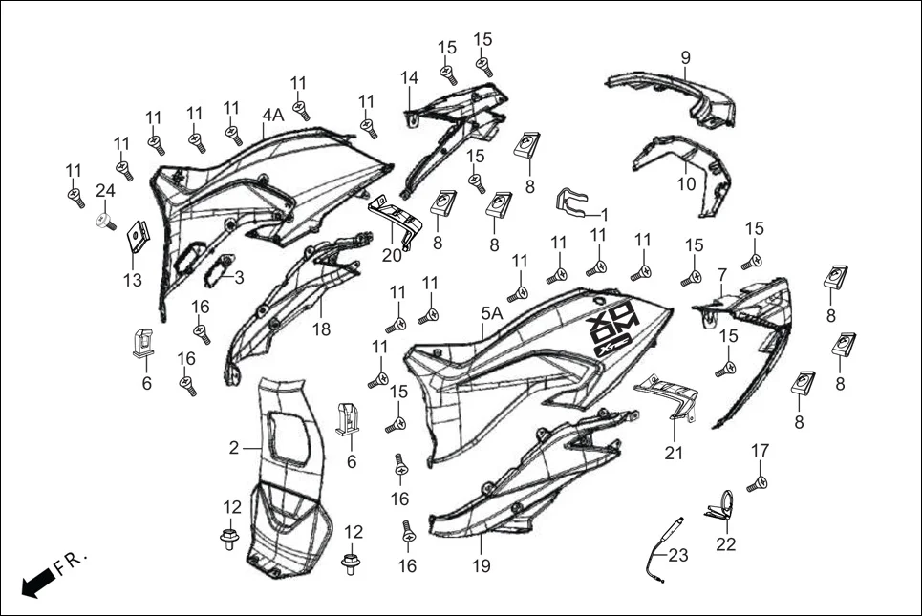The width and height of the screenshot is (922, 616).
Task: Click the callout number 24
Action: click(x=105, y=190)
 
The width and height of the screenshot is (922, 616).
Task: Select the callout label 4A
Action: click(x=273, y=116)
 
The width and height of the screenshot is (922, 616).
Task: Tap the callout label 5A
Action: click(x=491, y=313)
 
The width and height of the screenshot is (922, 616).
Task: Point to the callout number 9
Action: click(x=685, y=57)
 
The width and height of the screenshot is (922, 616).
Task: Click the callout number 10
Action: click(x=686, y=184)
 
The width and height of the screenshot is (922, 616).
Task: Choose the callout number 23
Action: click(x=677, y=554)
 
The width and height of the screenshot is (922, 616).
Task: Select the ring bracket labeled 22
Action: click(x=724, y=505)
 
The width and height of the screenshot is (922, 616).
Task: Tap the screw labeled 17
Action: click(x=756, y=485)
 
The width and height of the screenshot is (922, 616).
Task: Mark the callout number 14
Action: click(x=409, y=77)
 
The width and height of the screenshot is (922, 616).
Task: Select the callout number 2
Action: click(x=233, y=447)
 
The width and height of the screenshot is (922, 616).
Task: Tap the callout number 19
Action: click(x=481, y=566)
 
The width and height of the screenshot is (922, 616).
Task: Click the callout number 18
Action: click(x=321, y=329)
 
